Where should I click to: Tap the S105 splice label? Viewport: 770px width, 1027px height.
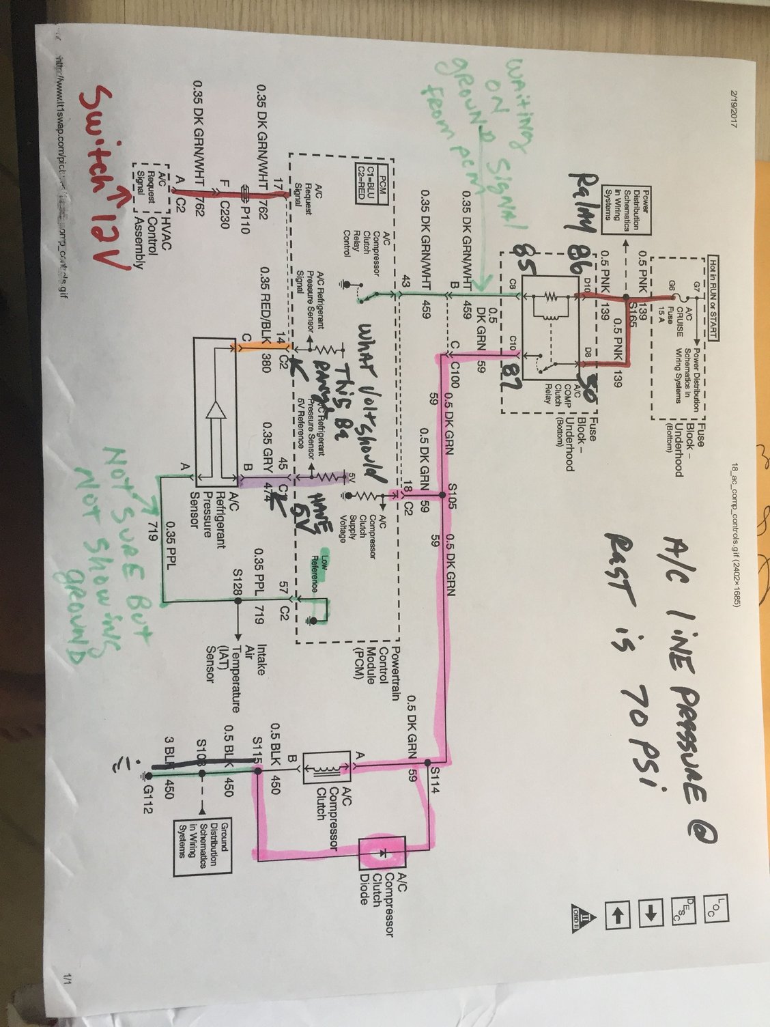pyautogui.click(x=449, y=489)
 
